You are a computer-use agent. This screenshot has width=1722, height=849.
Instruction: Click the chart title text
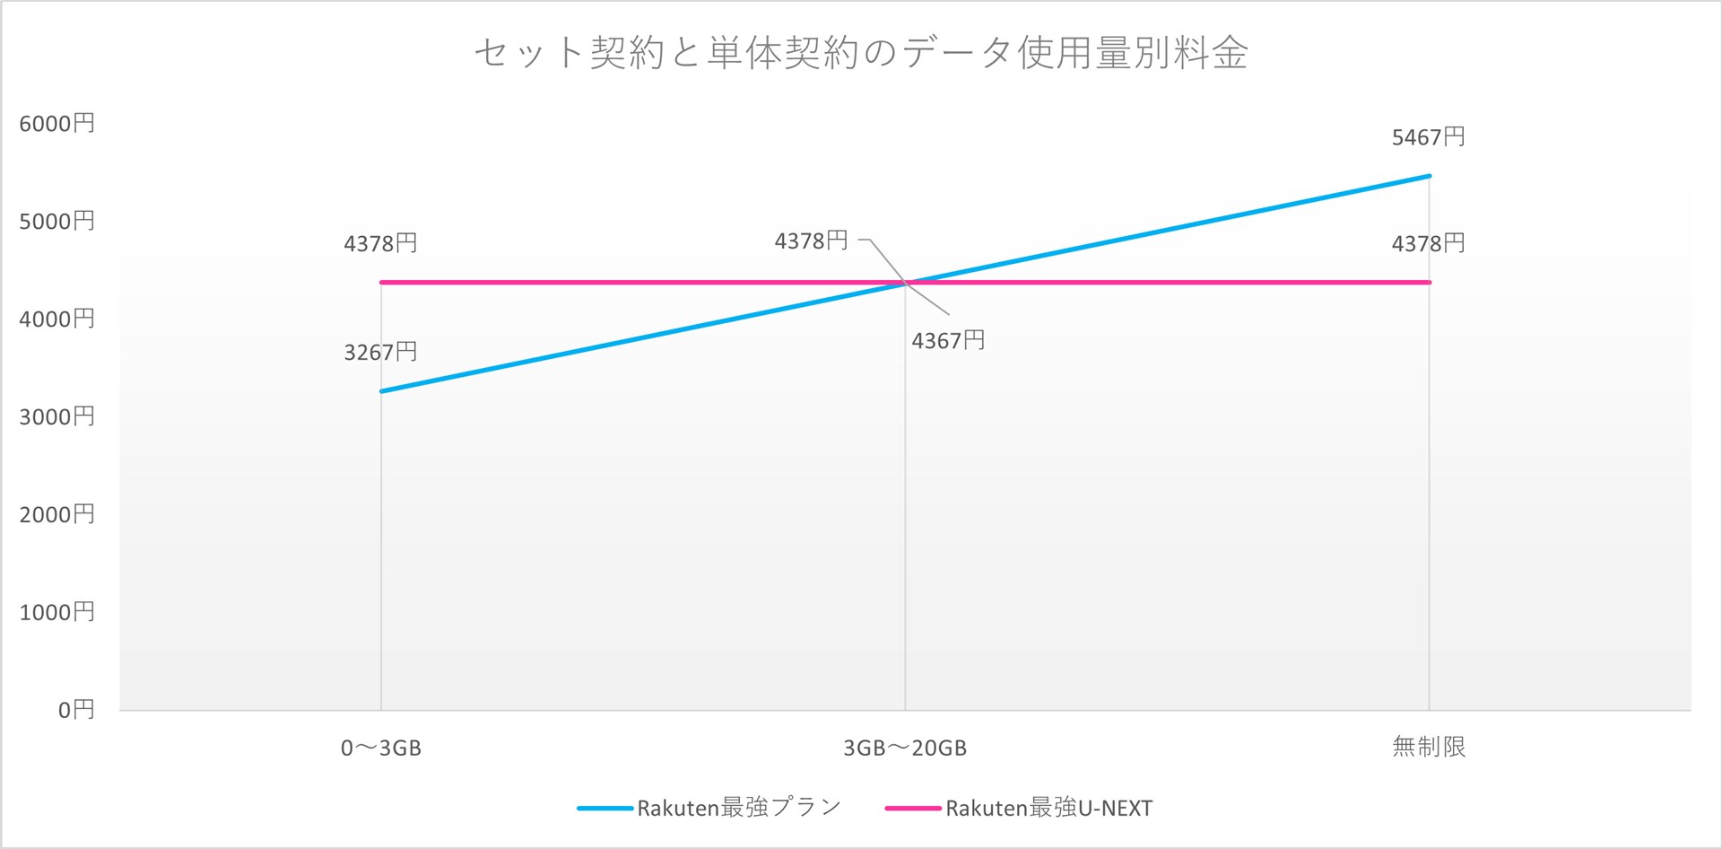[x=860, y=53]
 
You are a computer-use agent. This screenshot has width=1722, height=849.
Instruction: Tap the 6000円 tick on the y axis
[x=57, y=124]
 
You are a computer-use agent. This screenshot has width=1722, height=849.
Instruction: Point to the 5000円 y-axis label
[x=57, y=222]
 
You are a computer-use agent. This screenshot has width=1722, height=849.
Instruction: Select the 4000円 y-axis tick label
[x=57, y=319]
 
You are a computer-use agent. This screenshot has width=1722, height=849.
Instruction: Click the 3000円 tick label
[x=57, y=417]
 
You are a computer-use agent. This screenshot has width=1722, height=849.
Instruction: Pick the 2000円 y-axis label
[x=57, y=515]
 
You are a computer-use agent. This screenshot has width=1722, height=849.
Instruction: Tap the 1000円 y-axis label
[x=57, y=613]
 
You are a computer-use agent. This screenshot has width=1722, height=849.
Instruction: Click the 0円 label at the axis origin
[x=75, y=711]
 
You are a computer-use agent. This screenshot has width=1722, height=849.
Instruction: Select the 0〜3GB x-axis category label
[x=380, y=748]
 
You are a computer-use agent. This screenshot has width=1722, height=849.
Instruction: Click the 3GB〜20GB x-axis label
[x=904, y=748]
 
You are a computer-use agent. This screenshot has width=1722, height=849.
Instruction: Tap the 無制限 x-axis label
[x=1429, y=747]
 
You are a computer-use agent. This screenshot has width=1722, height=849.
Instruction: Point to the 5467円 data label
[x=1428, y=137]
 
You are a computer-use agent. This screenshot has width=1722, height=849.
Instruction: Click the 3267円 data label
[x=380, y=352]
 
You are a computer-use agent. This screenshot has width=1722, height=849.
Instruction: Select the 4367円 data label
[x=948, y=341]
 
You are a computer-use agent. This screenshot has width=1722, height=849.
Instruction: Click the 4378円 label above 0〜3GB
[x=380, y=243]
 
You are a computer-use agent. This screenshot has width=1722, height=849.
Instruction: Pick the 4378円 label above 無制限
[x=1428, y=243]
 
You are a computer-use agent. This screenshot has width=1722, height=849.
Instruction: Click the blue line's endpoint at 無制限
[x=1429, y=176]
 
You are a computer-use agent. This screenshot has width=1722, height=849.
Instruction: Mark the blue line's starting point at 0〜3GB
[x=381, y=391]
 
